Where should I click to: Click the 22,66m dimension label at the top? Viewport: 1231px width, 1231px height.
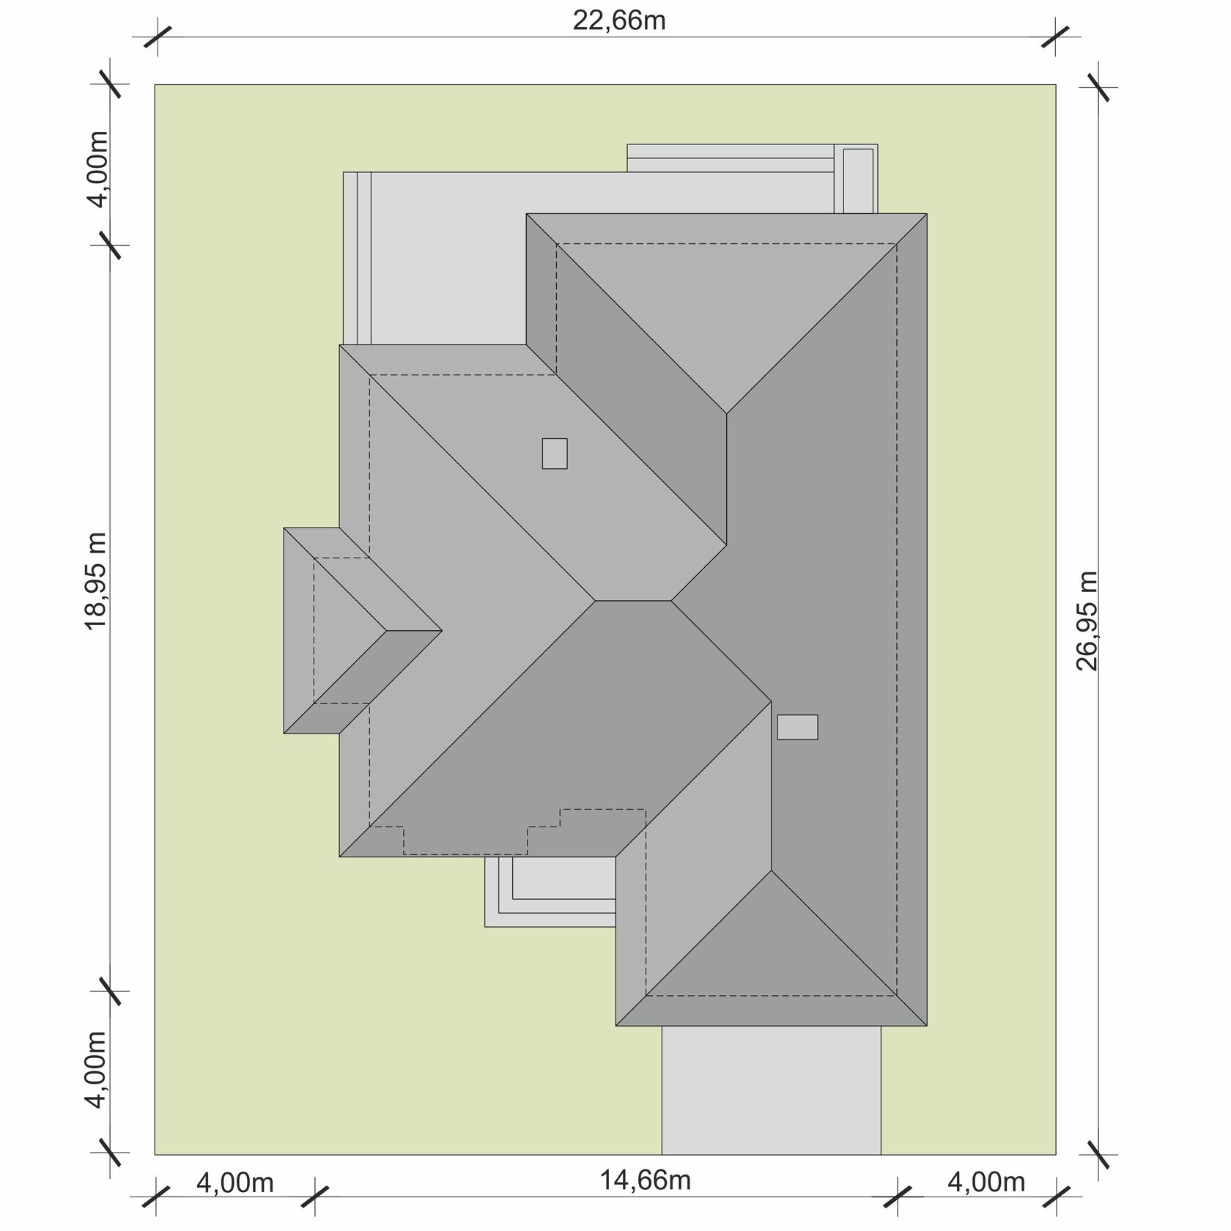click(619, 21)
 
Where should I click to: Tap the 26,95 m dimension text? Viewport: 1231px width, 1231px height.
click(1089, 621)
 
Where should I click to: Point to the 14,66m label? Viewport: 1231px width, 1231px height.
click(646, 1180)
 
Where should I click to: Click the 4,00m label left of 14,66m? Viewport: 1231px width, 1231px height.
click(235, 1183)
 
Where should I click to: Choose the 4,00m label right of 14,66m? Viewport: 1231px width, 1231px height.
click(986, 1182)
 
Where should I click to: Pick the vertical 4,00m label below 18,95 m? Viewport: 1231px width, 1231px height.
click(97, 1071)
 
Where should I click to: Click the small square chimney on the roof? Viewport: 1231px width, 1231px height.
click(555, 453)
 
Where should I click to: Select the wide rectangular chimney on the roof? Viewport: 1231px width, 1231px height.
click(797, 727)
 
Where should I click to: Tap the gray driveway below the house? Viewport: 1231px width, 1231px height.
click(772, 1090)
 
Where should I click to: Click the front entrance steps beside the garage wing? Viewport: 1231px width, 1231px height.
click(550, 892)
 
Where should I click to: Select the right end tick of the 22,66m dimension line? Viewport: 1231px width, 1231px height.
click(1056, 37)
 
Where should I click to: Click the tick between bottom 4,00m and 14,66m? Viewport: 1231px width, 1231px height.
click(316, 1197)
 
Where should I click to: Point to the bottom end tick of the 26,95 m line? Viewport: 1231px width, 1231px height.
click(1099, 1154)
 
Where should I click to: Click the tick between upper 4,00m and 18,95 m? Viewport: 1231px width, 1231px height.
click(110, 245)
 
